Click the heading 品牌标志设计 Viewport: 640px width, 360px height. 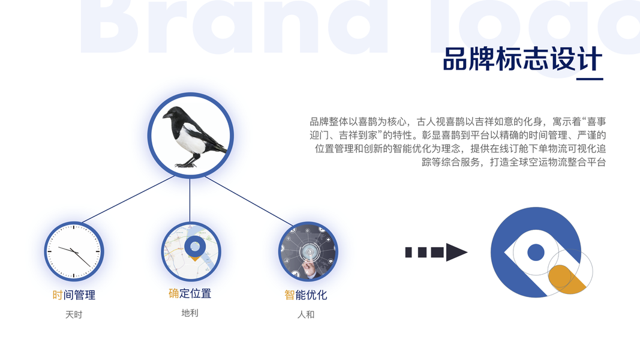click(522, 59)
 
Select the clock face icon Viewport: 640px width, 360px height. click(74, 251)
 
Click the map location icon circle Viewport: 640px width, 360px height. click(191, 251)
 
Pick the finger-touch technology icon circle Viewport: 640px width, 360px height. click(308, 251)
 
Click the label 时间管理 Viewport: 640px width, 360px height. click(74, 295)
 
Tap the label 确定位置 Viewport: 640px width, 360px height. click(190, 293)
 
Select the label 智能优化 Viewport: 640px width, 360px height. click(306, 295)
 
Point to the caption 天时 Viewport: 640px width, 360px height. click(74, 314)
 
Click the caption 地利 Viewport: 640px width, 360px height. click(190, 313)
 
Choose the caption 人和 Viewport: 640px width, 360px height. click(306, 314)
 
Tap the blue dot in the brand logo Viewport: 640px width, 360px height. click(536, 252)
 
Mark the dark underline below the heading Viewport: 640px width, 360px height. click(590, 79)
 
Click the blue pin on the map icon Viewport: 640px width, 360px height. click(195, 247)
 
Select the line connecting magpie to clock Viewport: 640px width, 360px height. click(128, 199)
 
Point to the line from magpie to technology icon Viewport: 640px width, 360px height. click(248, 201)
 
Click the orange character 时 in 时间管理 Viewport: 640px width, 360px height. click(58, 295)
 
